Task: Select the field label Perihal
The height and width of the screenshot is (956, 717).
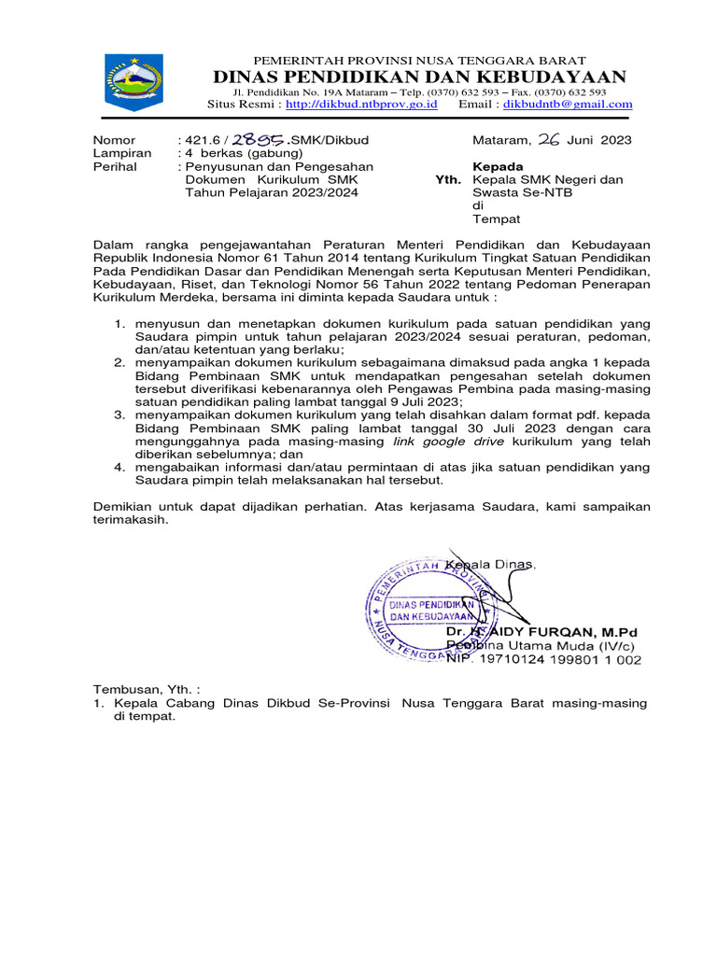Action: click(115, 166)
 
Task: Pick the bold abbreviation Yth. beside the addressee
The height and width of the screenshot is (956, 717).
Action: click(448, 179)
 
